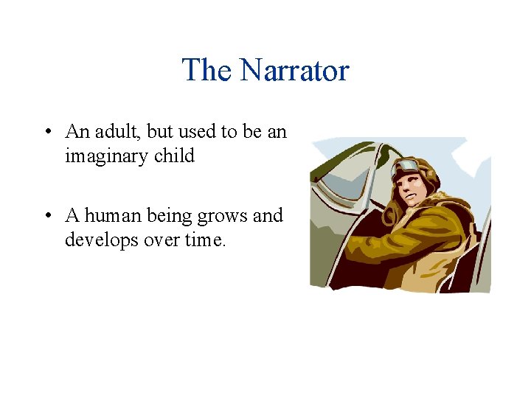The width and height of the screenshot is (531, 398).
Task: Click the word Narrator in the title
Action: pyautogui.click(x=294, y=71)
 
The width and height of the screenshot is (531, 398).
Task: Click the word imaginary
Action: pyautogui.click(x=107, y=156)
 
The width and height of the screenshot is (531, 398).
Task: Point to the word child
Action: pyautogui.click(x=174, y=156)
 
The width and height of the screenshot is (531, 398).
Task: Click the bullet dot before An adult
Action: pyautogui.click(x=46, y=133)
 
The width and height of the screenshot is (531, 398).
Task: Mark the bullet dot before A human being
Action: pyautogui.click(x=46, y=217)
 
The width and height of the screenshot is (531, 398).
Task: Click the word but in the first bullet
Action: pyautogui.click(x=159, y=132)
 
